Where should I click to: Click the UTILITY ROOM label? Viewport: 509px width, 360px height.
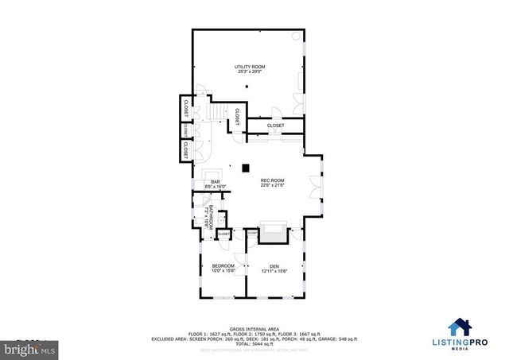coord(249,66)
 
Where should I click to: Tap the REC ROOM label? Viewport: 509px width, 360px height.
coord(273,180)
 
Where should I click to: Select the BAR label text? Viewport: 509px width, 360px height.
coord(215,182)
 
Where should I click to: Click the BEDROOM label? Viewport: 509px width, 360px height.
coord(223,265)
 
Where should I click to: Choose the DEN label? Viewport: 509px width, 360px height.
coord(274,265)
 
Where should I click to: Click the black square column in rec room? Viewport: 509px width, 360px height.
coord(246,168)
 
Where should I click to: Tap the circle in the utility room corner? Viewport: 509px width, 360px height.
coord(297,37)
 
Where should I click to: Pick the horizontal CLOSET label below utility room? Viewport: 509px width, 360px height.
coord(275,126)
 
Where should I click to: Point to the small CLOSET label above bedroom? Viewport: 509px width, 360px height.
coord(223,234)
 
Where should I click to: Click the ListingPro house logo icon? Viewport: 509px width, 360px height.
coord(458,327)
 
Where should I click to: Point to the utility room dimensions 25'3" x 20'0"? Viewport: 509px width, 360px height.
coord(249,72)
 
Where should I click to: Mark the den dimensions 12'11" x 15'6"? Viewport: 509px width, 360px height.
coord(274,271)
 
